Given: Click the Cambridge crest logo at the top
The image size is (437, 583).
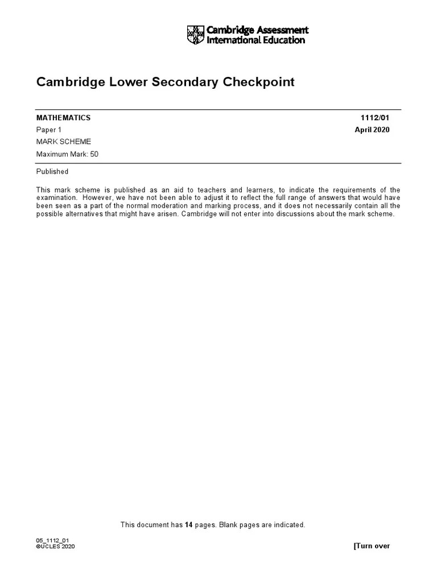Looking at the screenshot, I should click(x=195, y=35).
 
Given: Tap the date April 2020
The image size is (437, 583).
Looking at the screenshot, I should click(x=372, y=130).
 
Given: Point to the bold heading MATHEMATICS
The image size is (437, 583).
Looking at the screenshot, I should click(x=63, y=118).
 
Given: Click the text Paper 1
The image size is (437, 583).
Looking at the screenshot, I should click(x=48, y=130).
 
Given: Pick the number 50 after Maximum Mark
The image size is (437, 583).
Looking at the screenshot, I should click(x=94, y=154).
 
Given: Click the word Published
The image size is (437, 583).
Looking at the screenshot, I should click(x=52, y=171).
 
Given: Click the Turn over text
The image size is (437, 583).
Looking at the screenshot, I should click(x=372, y=546).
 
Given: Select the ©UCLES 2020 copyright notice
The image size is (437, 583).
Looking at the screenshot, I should click(x=55, y=547).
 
